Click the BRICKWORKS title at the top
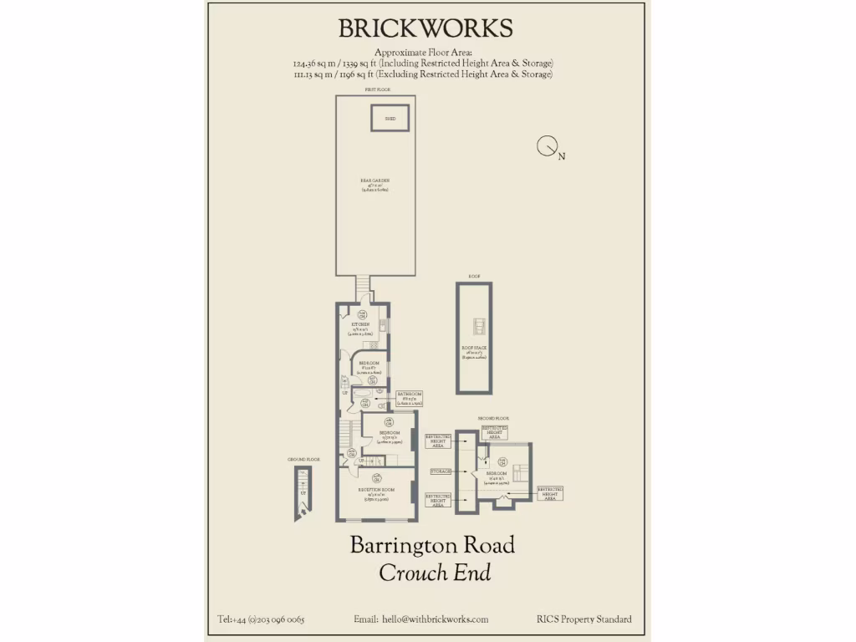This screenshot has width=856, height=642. [x=425, y=28]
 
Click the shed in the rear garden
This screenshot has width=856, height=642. [x=390, y=118]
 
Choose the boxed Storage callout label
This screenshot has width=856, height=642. [x=441, y=472]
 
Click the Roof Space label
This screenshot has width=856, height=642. [x=474, y=348]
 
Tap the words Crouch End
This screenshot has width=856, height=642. [x=435, y=573]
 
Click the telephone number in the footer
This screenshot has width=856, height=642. [x=261, y=619]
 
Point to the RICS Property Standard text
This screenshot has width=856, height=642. [x=584, y=619]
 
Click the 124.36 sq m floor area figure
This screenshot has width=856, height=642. [x=316, y=64]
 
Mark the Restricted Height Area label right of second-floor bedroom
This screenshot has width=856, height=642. [x=549, y=493]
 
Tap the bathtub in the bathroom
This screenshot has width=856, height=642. [x=364, y=394]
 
